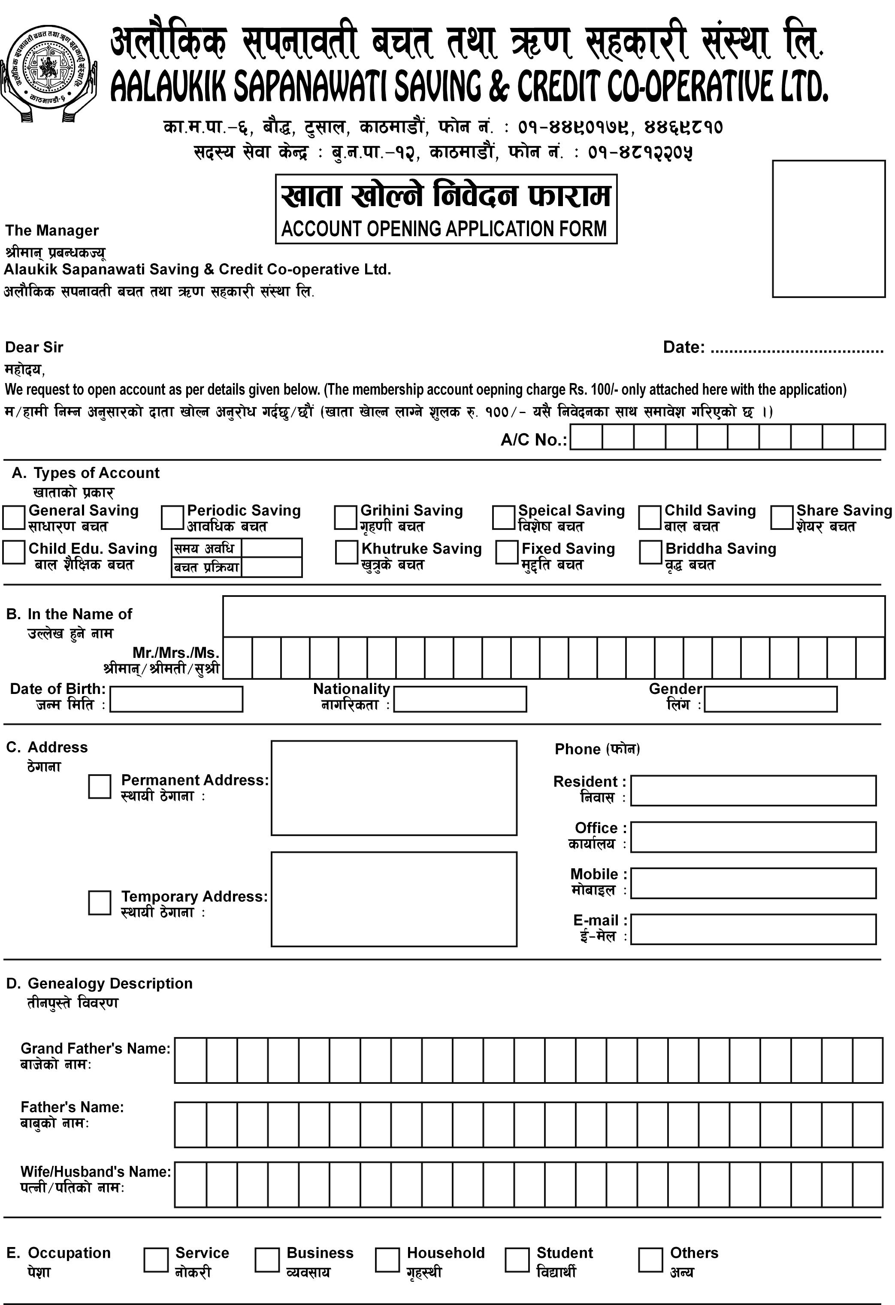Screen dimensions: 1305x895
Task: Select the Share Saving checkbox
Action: click(x=781, y=517)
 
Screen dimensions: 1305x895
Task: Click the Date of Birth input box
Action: click(x=176, y=699)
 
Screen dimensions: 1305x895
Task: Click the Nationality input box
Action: click(x=460, y=699)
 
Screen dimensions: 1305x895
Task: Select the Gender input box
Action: click(x=771, y=699)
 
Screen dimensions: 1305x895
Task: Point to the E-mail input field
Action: click(x=753, y=929)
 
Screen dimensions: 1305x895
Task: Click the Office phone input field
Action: click(x=753, y=837)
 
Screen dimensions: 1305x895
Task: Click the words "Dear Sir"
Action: click(x=34, y=347)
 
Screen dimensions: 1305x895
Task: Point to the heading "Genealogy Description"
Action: click(x=110, y=983)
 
